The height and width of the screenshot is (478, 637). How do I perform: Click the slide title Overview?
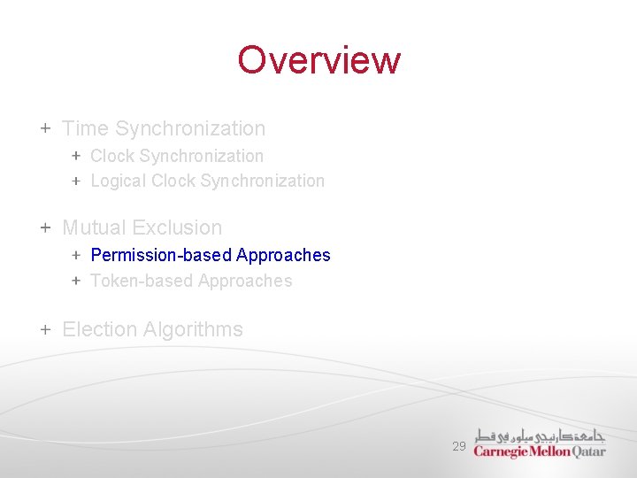[x=318, y=60]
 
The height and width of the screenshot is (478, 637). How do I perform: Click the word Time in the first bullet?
[x=85, y=128]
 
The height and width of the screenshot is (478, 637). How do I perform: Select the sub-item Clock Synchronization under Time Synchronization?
[x=177, y=156]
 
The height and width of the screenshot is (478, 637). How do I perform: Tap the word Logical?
[x=119, y=181]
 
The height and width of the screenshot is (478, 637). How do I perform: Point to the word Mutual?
[x=92, y=228]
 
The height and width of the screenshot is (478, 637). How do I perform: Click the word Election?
[x=99, y=329]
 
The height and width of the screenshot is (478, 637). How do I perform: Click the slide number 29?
[x=458, y=447]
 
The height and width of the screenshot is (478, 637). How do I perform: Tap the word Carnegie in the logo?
[x=502, y=451]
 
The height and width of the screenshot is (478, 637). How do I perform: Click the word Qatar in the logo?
[x=588, y=451]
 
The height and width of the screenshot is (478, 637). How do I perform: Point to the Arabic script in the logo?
[x=540, y=434]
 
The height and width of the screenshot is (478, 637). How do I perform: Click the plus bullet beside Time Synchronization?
[x=45, y=128]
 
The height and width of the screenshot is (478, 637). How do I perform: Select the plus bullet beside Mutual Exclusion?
[x=45, y=228]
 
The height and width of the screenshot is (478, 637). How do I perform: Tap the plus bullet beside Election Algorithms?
[x=45, y=329]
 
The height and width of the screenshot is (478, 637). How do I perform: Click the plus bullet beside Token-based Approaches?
[x=76, y=281]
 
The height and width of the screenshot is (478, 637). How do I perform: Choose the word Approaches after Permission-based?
[x=283, y=255]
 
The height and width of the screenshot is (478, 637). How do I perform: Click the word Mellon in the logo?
[x=550, y=451]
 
